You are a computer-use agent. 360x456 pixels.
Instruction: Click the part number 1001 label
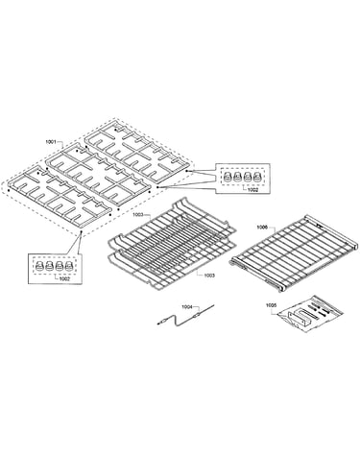[51, 141]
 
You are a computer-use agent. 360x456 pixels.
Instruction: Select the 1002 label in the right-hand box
[252, 190]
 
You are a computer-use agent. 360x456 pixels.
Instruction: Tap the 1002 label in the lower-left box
[64, 278]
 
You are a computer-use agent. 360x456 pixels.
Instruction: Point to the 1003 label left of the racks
[138, 215]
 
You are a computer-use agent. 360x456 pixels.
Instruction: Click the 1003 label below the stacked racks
[209, 276]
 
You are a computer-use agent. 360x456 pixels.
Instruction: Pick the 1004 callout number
[187, 307]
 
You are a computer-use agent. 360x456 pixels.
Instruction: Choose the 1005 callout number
[271, 305]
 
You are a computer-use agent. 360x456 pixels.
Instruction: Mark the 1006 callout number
[262, 228]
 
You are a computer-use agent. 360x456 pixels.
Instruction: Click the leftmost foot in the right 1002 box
[228, 177]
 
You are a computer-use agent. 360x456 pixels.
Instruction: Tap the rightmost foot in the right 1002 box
[257, 177]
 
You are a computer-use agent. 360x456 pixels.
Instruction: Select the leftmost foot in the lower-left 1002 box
[39, 265]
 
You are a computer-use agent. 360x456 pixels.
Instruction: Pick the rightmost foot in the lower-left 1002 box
[69, 265]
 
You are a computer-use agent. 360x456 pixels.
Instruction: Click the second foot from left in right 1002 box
[237, 177]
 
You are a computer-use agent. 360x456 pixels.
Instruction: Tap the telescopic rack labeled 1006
[294, 252]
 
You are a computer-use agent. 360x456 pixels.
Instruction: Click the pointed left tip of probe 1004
[158, 324]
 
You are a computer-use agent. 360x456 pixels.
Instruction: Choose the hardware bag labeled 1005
[310, 314]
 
